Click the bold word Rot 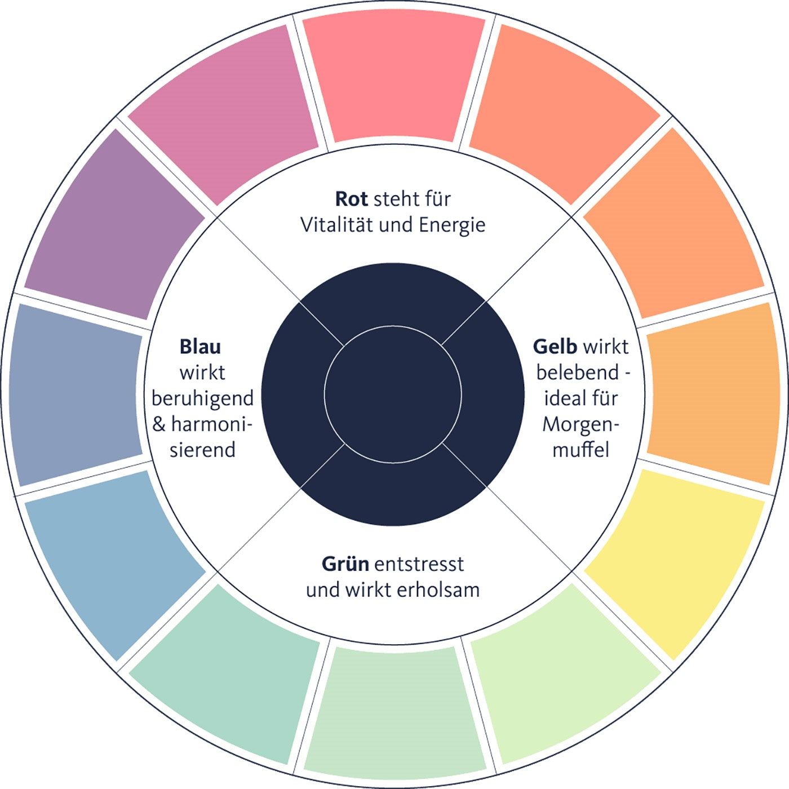pos(351,199)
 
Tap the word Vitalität pos(337,225)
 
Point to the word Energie pos(451,225)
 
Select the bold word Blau pos(200,347)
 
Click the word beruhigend pos(202,398)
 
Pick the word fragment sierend pos(202,450)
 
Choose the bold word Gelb pos(555,347)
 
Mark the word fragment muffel pos(580,450)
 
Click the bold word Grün pos(345,564)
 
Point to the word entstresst pos(419,564)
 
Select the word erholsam pos(438,590)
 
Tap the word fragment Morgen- pos(580,424)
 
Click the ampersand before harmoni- pos(159,424)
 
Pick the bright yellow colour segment pos(676,558)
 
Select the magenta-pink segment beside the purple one pos(225,113)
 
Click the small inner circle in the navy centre pos(393,394)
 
